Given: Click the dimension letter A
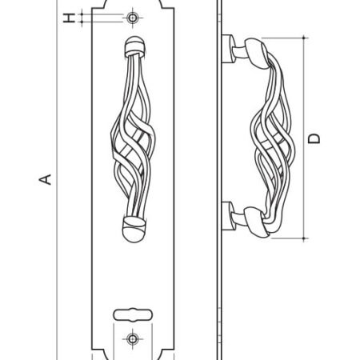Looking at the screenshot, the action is click(46, 179).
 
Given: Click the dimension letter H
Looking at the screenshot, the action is click(69, 18).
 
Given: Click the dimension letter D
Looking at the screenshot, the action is click(314, 138).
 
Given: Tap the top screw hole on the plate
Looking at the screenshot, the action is click(132, 18).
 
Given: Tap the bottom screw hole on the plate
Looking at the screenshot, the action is click(132, 339).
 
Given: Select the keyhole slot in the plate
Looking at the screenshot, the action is click(133, 314).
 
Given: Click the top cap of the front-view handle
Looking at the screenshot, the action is click(135, 46).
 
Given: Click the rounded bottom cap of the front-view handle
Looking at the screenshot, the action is click(134, 230).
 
